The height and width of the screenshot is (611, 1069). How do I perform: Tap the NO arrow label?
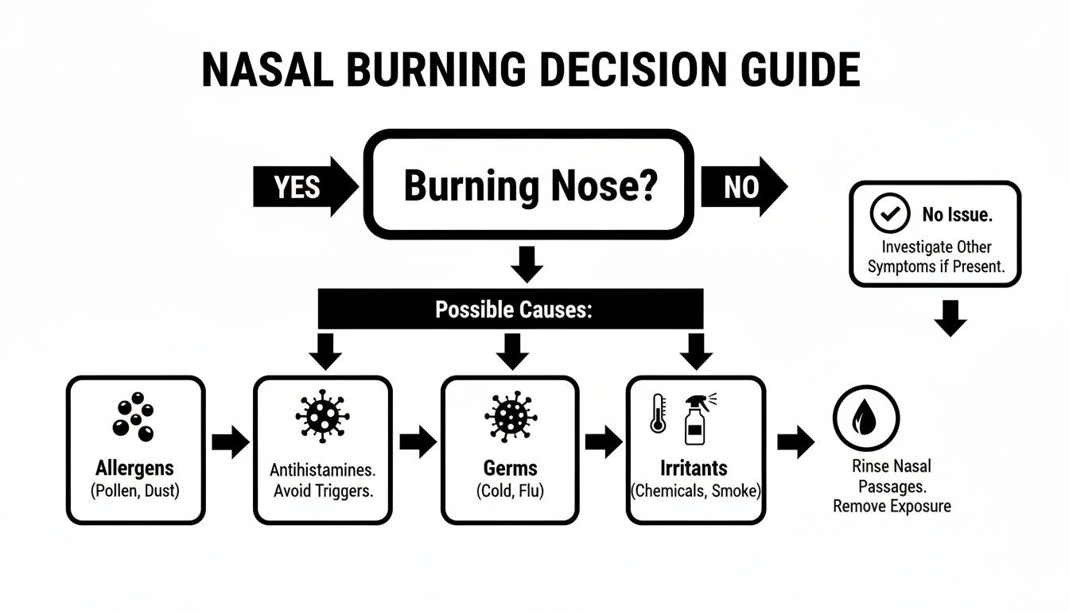pyautogui.click(x=741, y=187)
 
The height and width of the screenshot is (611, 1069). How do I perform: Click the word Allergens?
pyautogui.click(x=135, y=467)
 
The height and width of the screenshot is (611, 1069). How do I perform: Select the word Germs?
pyautogui.click(x=511, y=467)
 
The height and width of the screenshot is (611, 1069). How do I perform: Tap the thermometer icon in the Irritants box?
pyautogui.click(x=658, y=414)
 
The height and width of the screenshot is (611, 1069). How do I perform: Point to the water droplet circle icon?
pyautogui.click(x=865, y=418)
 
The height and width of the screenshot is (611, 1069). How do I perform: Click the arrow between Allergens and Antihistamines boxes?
pyautogui.click(x=230, y=442)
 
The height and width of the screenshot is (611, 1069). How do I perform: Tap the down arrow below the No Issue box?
pyautogui.click(x=950, y=317)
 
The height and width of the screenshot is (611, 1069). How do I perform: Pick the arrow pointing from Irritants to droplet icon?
pyautogui.click(x=795, y=442)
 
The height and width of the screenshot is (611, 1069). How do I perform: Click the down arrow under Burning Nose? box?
pyautogui.click(x=526, y=264)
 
